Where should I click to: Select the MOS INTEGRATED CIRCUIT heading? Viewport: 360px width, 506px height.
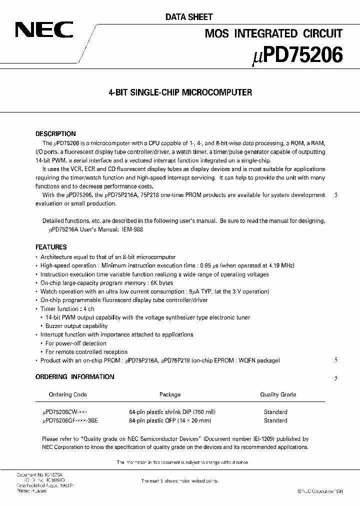pos(273,33)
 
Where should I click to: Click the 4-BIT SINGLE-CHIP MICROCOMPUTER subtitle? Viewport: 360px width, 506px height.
pos(180,92)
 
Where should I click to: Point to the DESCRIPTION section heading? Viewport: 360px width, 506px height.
pos(55,134)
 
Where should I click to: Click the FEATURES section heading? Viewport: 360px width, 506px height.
pos(51,247)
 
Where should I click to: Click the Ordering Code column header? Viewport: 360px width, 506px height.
pos(67,394)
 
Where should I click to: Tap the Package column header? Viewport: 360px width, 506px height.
pos(169,394)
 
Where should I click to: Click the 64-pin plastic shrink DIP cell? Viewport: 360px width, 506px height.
pos(172,412)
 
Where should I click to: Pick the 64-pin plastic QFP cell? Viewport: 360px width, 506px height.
pos(169,420)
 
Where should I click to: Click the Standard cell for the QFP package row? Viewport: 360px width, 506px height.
pos(275,420)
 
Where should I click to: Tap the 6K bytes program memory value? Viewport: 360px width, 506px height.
pos(193,283)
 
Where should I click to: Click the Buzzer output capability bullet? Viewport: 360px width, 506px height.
pos(76,326)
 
